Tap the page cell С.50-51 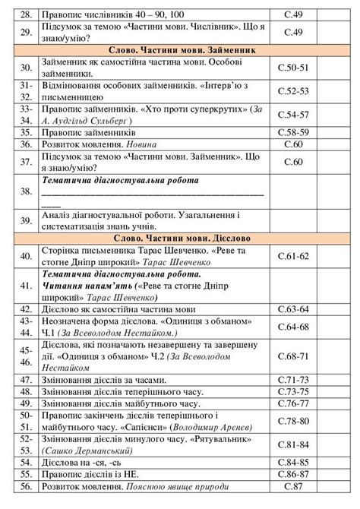(x=293, y=68)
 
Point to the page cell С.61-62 (x=293, y=256)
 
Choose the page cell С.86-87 (x=293, y=473)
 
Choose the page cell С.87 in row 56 (x=293, y=485)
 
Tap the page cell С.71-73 (x=293, y=380)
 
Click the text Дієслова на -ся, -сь (x=83, y=462)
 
